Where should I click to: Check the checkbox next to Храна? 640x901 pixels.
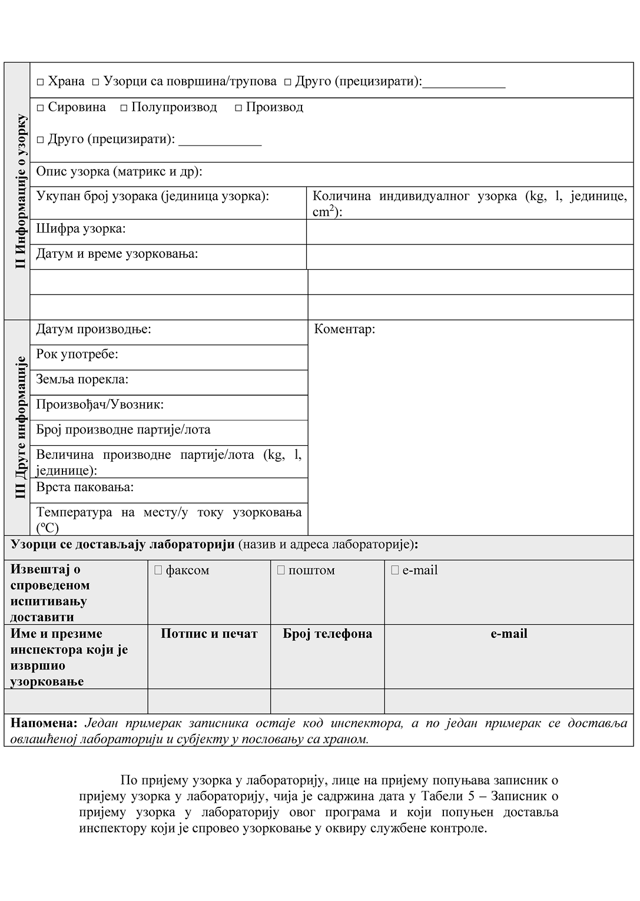[x=40, y=82]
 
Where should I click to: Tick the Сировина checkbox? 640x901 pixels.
[x=40, y=108]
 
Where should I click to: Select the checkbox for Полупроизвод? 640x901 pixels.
[x=124, y=108]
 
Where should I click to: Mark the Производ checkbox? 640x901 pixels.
[x=238, y=108]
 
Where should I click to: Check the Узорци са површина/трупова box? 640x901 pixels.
[x=95, y=82]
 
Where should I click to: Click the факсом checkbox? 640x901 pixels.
[x=158, y=570]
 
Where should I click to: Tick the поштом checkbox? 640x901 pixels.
[x=281, y=570]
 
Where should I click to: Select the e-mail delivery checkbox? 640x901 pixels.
[x=395, y=570]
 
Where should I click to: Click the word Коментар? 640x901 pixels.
[x=344, y=329]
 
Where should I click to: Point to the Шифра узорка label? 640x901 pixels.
[x=81, y=228]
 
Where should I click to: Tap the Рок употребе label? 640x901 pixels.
[x=77, y=354]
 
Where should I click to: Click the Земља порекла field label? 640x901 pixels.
[x=82, y=379]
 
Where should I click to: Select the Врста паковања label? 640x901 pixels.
[x=85, y=487]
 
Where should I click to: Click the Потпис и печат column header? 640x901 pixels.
[x=209, y=634]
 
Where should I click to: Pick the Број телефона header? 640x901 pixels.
[x=327, y=634]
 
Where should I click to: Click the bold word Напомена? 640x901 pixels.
[x=44, y=723]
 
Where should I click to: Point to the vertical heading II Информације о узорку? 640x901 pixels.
[x=20, y=191]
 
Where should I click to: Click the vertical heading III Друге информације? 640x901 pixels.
[x=20, y=428]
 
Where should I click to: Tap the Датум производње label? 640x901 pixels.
[x=94, y=329]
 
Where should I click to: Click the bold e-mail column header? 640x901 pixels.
[x=509, y=634]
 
